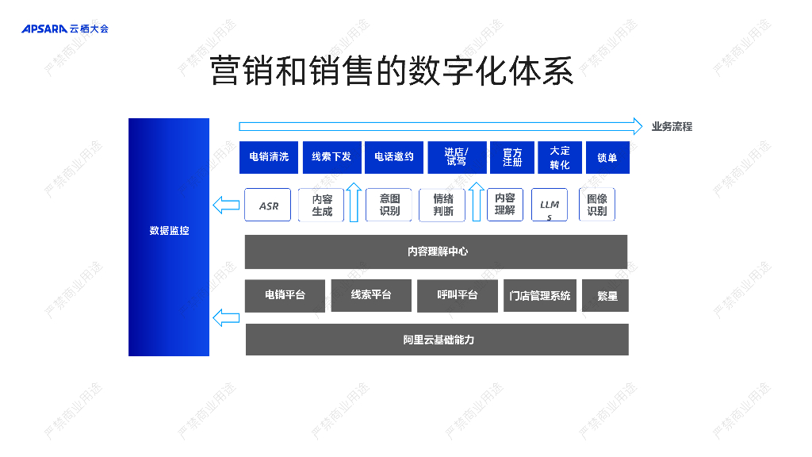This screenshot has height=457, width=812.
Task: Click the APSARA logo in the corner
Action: pyautogui.click(x=64, y=29)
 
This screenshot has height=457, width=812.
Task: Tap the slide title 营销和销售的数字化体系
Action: pyautogui.click(x=391, y=71)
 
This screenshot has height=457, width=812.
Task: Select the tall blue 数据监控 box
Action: pyautogui.click(x=169, y=236)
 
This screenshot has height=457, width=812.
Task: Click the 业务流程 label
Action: pyautogui.click(x=672, y=126)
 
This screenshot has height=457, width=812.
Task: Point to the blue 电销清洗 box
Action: pyautogui.click(x=269, y=157)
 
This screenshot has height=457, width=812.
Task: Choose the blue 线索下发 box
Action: pyautogui.click(x=331, y=157)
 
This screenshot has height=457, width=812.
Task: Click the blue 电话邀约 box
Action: pyautogui.click(x=394, y=157)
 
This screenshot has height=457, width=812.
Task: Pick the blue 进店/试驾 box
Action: pyautogui.click(x=456, y=157)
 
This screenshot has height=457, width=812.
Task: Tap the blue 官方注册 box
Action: pyautogui.click(x=512, y=157)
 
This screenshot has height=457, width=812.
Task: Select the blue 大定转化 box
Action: pyautogui.click(x=560, y=157)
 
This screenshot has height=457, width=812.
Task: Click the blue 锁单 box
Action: pyautogui.click(x=607, y=157)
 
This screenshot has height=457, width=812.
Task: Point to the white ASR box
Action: pyautogui.click(x=268, y=205)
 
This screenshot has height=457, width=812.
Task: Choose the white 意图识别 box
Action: pyautogui.click(x=389, y=205)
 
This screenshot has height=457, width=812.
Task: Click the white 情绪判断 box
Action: pyautogui.click(x=442, y=205)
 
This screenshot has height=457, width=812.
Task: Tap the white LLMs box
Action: pyautogui.click(x=550, y=205)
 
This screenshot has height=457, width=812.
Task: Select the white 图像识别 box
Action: pyautogui.click(x=597, y=205)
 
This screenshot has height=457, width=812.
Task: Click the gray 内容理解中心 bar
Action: pyautogui.click(x=436, y=252)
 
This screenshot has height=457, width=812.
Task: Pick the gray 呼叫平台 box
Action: pyautogui.click(x=457, y=295)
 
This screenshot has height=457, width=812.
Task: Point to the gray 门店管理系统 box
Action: pyautogui.click(x=539, y=296)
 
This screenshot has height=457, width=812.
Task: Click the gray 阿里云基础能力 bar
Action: pyautogui.click(x=437, y=340)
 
